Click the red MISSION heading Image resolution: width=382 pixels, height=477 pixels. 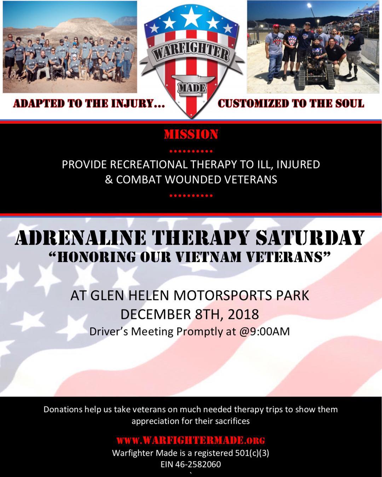(x=191, y=135)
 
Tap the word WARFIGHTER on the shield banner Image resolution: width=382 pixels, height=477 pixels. (x=191, y=54)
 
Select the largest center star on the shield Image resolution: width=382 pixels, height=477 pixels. (x=191, y=17)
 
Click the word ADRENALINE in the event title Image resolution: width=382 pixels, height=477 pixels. (x=81, y=237)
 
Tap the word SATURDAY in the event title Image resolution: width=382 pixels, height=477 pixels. (x=310, y=237)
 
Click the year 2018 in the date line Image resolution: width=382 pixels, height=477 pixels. (x=243, y=314)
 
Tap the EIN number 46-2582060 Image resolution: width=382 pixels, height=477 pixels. (x=198, y=464)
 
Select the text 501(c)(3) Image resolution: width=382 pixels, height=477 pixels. (x=252, y=453)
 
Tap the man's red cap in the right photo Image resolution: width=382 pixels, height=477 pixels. (x=276, y=26)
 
